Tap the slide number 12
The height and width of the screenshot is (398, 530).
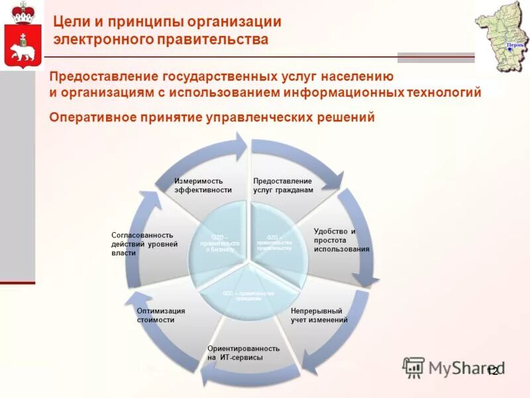492,372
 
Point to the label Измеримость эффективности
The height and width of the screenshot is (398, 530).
203,185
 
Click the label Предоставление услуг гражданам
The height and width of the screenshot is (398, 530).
282,185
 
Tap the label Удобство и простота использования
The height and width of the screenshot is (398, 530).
341,239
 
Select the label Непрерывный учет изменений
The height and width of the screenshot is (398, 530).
319,315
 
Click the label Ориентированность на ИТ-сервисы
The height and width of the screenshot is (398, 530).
243,352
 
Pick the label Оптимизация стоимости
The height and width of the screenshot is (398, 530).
160,315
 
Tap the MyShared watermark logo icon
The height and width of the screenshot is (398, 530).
413,367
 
